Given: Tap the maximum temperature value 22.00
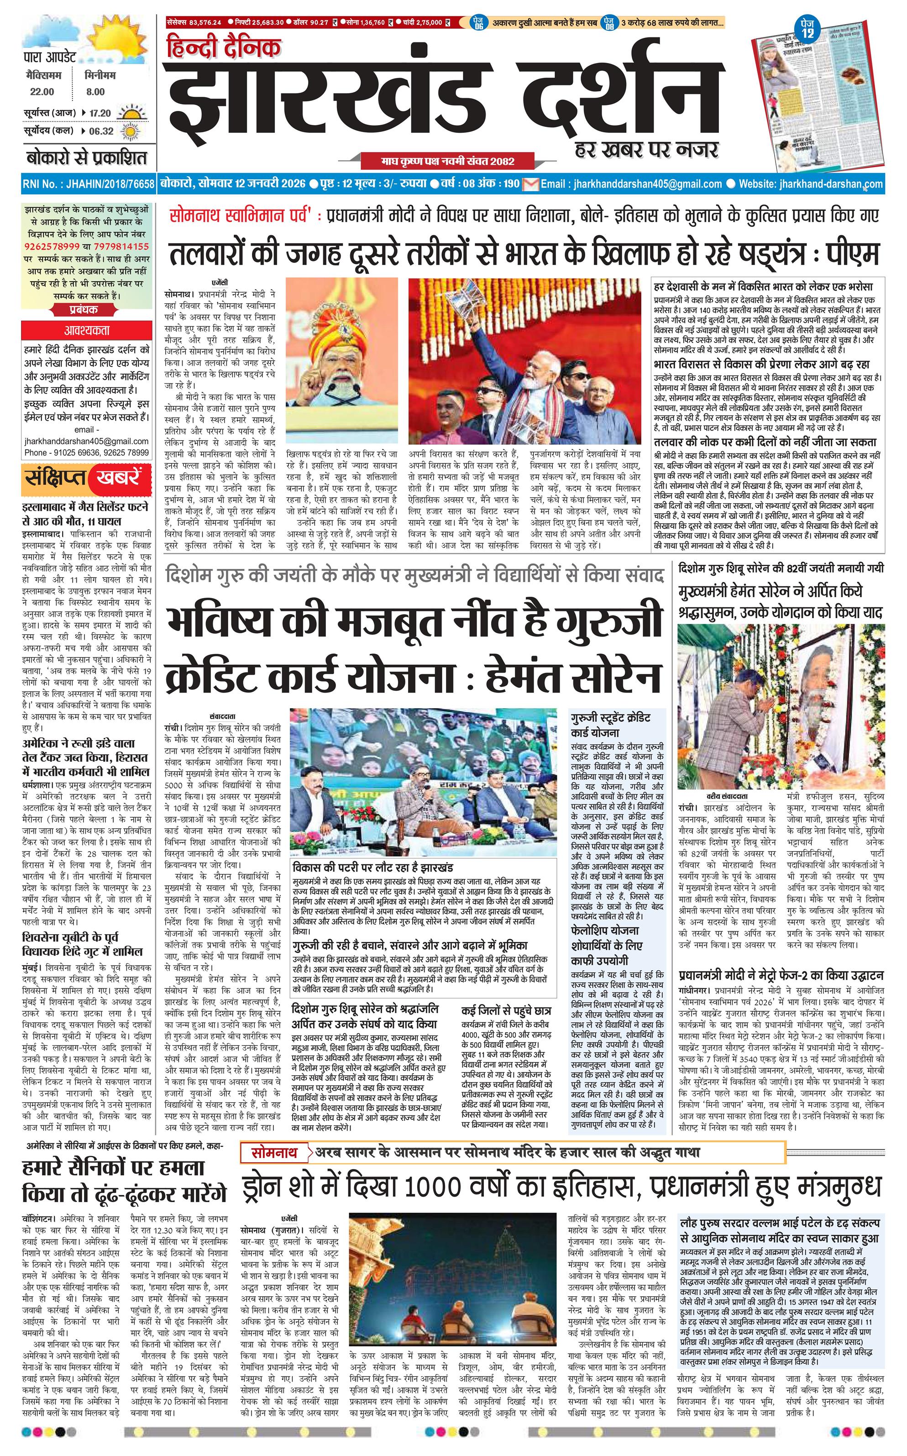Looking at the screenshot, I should click(x=42, y=92).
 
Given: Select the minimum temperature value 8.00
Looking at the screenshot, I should click(x=95, y=92).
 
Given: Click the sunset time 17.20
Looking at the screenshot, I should click(x=100, y=113).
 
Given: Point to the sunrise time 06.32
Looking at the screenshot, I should click(x=101, y=131).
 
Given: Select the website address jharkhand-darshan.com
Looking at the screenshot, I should click(x=831, y=184).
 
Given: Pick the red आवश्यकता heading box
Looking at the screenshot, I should click(x=87, y=330).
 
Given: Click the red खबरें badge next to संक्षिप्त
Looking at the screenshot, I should click(x=117, y=478).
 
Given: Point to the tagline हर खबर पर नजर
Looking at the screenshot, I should click(x=645, y=149).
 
